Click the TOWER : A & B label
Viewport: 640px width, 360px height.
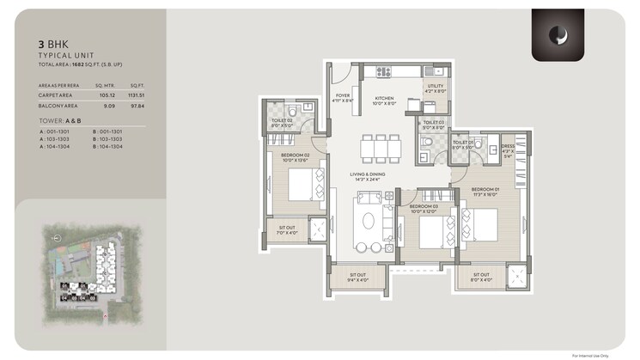point(57,121)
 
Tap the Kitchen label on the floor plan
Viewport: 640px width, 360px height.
point(384,100)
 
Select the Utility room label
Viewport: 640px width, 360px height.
point(436,86)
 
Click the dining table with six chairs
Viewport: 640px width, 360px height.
point(379,148)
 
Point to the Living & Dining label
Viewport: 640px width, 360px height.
point(367,175)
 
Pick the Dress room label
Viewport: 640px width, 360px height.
point(508,148)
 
